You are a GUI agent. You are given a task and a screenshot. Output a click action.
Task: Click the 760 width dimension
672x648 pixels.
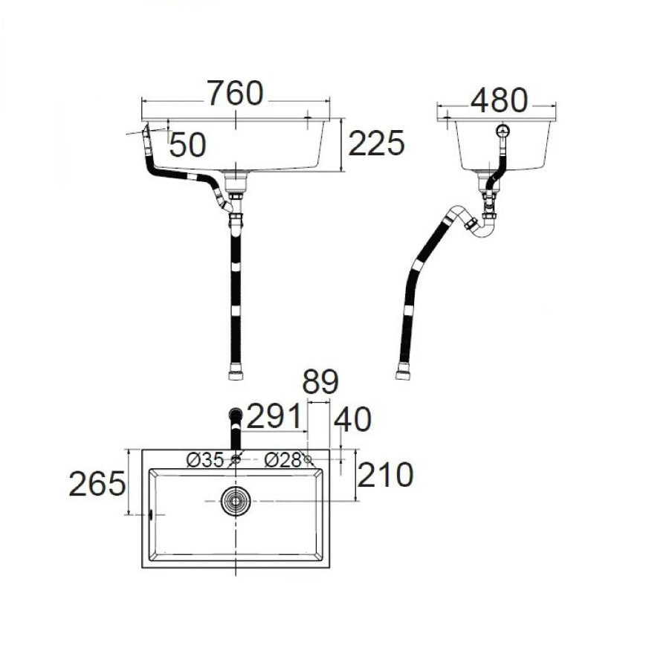(x=236, y=94)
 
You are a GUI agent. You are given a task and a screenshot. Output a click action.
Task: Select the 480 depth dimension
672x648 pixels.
(x=499, y=101)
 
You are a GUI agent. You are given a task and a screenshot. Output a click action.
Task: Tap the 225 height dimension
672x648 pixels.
(x=376, y=143)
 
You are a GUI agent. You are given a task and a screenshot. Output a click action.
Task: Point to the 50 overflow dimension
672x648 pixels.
(x=188, y=145)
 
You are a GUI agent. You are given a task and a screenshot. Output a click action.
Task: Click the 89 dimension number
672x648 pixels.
(x=320, y=381)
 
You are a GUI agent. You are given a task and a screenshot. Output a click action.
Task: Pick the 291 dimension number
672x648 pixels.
(x=274, y=416)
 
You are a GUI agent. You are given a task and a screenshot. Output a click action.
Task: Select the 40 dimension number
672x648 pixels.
(x=352, y=419)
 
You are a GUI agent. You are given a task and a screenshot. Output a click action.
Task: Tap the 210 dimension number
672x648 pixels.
(x=385, y=475)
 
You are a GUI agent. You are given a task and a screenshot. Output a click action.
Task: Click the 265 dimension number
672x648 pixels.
(x=97, y=484)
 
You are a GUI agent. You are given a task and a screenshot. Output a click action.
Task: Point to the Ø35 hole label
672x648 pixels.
(x=205, y=460)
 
